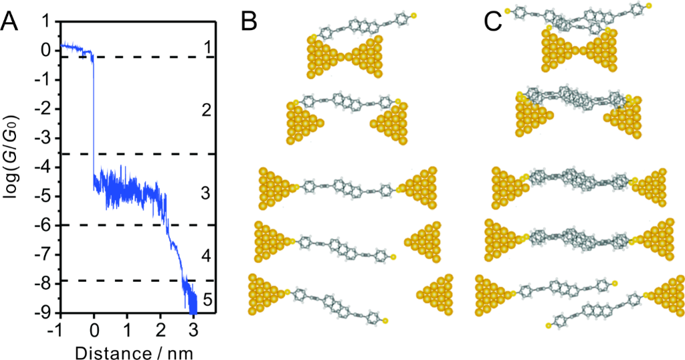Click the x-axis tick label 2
(161, 329)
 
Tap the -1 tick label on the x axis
(59, 329)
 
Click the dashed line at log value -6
(134, 226)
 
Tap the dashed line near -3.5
(134, 155)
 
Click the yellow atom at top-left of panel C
(508, 11)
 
